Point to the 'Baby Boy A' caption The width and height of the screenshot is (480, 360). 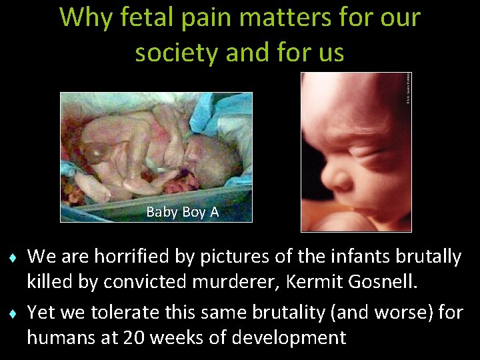(182, 212)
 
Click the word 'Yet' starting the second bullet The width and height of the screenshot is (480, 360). (41, 312)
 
